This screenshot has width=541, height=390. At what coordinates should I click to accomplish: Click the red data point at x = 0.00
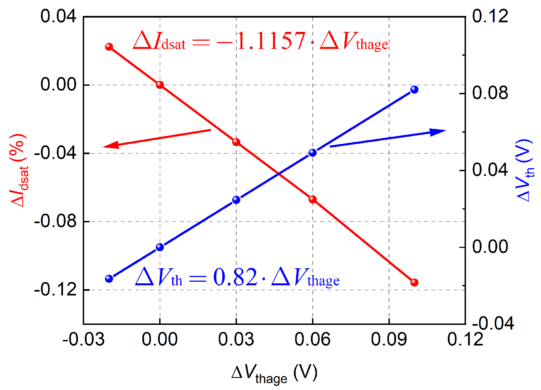click(160, 85)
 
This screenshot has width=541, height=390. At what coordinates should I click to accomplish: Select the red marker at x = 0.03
click(236, 142)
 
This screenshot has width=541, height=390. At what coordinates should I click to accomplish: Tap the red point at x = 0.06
click(313, 199)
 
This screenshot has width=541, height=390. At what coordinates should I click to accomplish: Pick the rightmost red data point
click(414, 282)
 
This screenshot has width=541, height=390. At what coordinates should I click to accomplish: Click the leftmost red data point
click(109, 46)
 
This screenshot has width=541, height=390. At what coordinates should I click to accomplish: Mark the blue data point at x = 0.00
click(160, 247)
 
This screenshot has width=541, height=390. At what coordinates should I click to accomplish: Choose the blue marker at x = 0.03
click(236, 200)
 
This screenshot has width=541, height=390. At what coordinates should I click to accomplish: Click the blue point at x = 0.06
click(313, 153)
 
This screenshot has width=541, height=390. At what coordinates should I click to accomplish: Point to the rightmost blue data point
click(414, 89)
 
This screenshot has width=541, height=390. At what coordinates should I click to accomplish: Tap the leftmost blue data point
click(109, 279)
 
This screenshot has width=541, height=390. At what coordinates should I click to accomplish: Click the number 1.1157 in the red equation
click(271, 41)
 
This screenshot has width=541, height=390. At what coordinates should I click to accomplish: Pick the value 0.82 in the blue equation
click(235, 277)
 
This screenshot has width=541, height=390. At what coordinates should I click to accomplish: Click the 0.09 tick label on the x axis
click(389, 339)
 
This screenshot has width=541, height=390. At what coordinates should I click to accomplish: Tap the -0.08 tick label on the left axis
click(55, 221)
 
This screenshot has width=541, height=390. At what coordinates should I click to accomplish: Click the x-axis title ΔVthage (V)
click(274, 374)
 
